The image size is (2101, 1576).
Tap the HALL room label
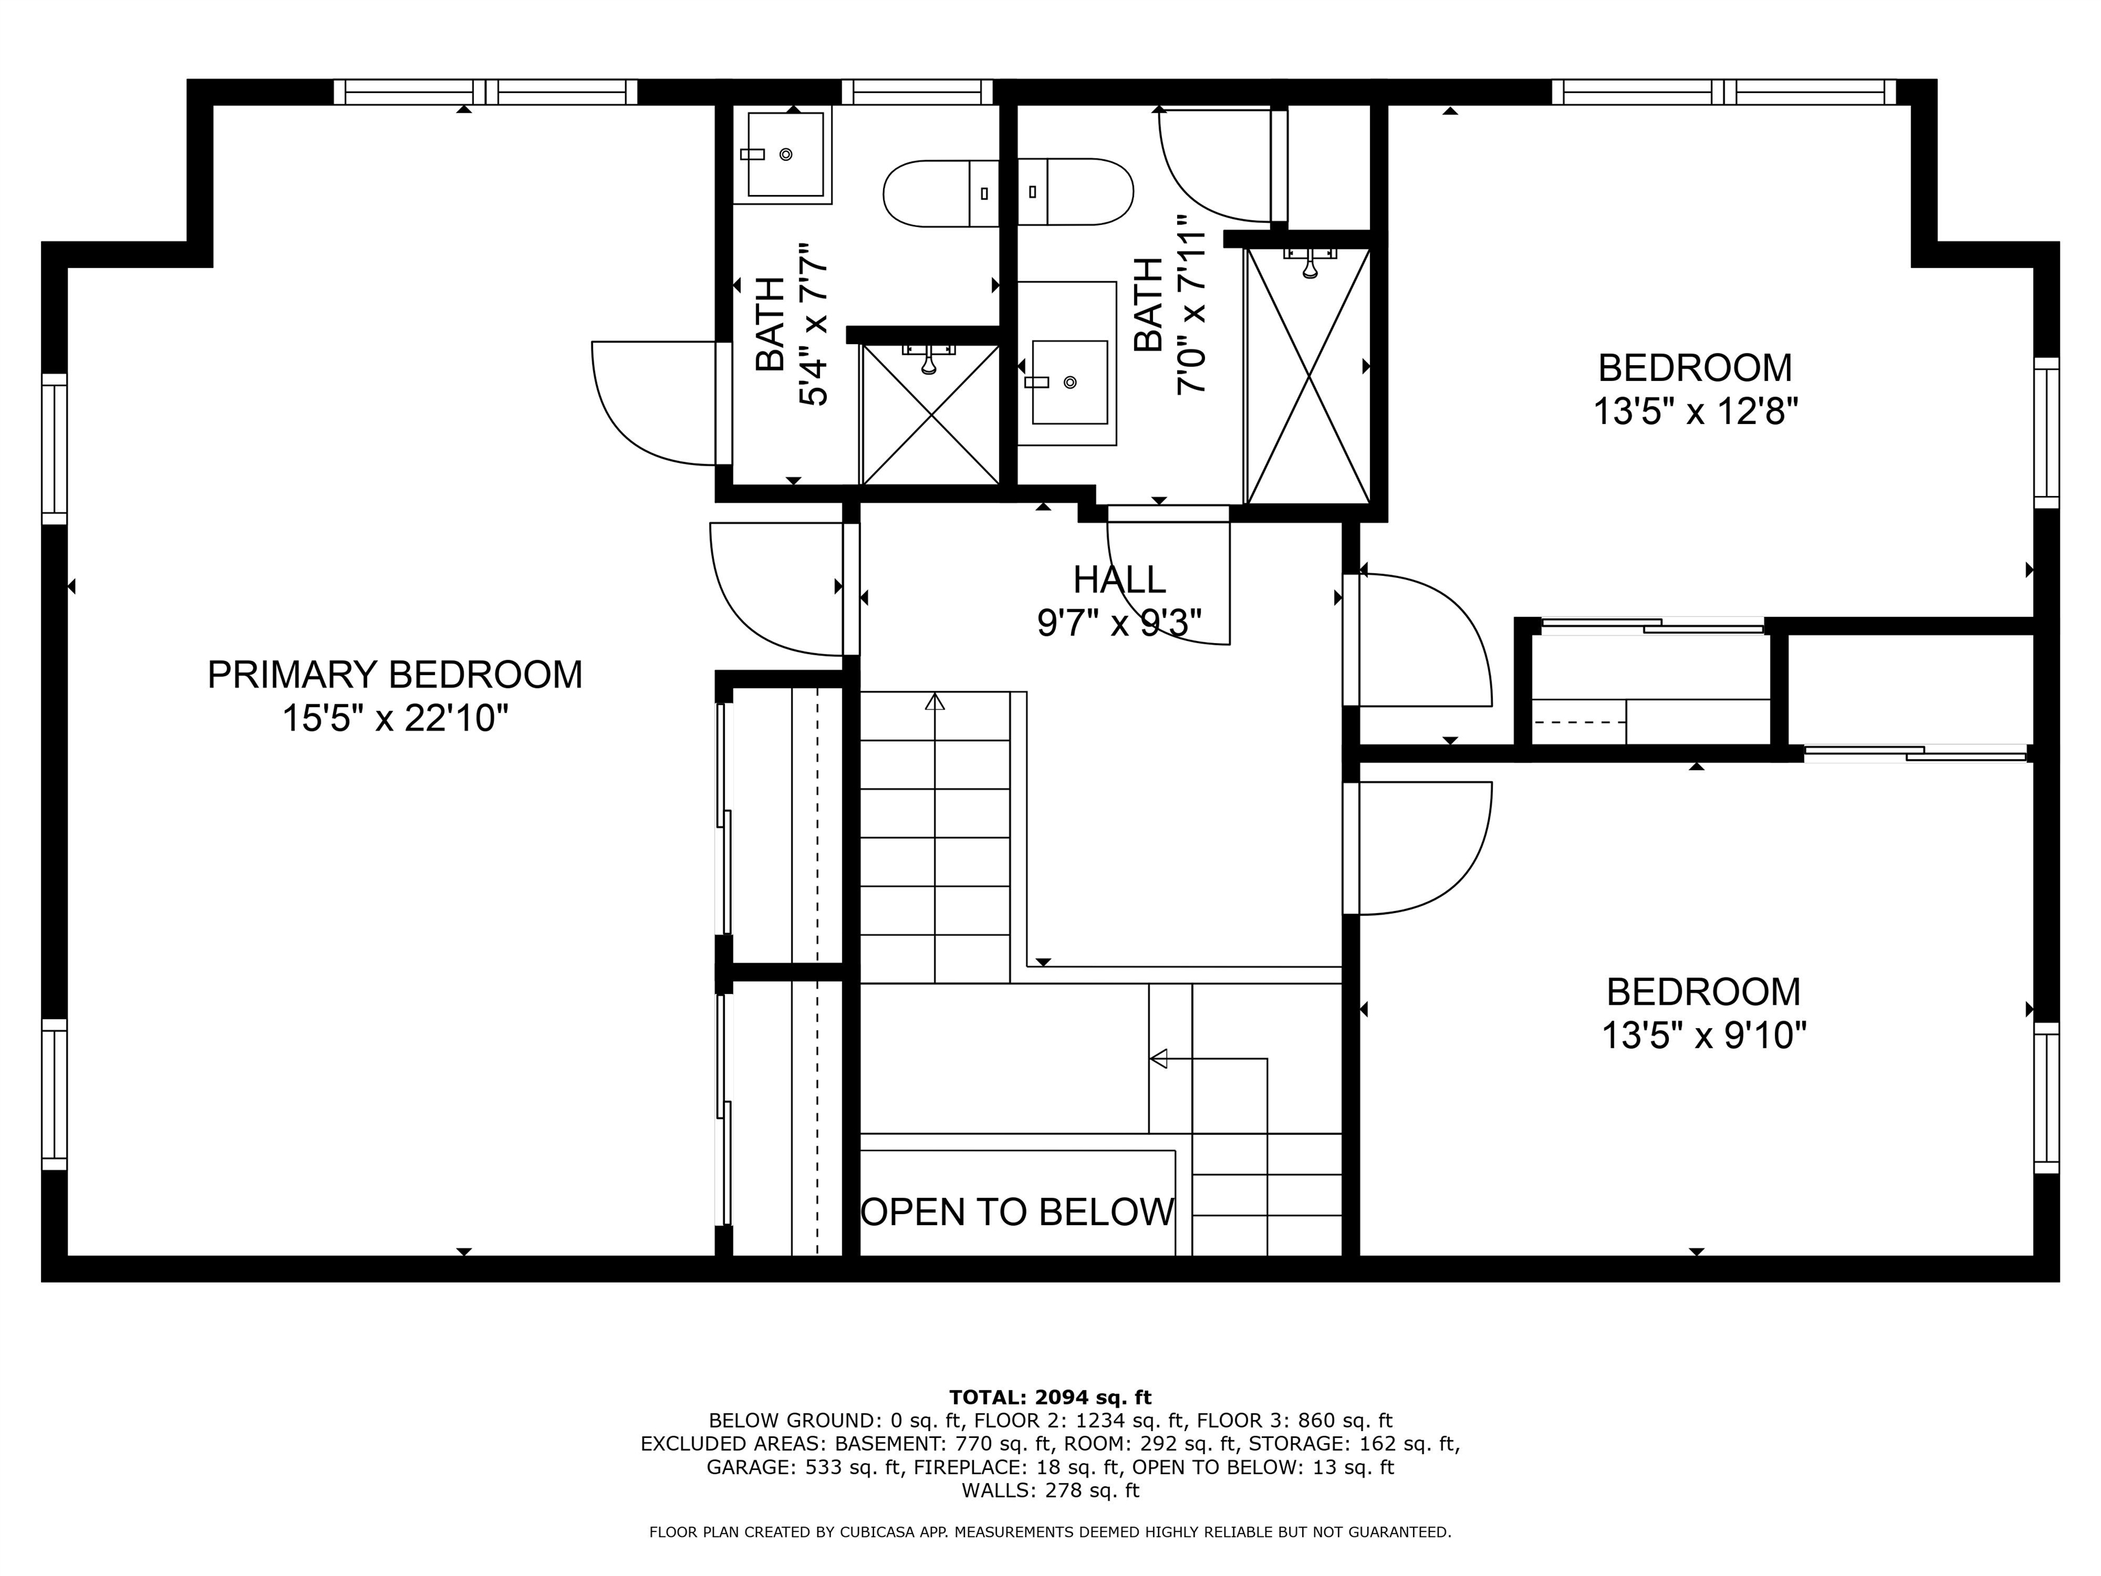(x=1119, y=579)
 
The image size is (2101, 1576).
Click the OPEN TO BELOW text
(x=1017, y=1212)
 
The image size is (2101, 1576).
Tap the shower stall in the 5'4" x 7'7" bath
(x=931, y=415)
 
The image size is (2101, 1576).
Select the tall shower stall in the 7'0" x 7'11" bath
(x=1309, y=376)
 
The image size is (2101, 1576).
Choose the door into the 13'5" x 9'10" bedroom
(x=1420, y=848)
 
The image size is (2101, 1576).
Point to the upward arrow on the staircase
(x=936, y=703)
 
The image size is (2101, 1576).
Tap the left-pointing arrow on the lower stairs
(x=1159, y=1058)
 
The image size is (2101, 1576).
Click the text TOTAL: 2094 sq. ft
(x=1050, y=1397)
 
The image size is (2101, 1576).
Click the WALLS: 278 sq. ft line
(x=1050, y=1490)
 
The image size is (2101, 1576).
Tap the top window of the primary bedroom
(x=486, y=92)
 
